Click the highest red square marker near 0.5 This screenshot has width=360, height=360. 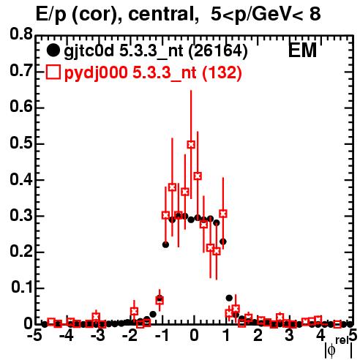coord(191,145)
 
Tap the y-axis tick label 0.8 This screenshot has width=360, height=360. coord(21,34)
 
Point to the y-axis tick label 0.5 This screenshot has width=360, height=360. coord(21,143)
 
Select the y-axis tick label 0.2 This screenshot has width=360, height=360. coord(21,252)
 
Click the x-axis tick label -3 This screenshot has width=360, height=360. coord(97,336)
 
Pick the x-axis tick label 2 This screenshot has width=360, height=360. coord(258,336)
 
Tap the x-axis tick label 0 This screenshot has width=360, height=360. coord(194,336)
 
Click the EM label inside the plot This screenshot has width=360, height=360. coord(302,50)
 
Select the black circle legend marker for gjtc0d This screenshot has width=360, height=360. coord(53,50)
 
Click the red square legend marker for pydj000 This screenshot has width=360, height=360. coord(53,72)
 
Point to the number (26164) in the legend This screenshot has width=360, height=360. coord(218,50)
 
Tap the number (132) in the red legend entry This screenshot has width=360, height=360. coord(222,72)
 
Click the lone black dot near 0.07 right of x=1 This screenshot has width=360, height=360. coord(229,298)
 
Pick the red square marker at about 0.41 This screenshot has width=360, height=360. coord(198,176)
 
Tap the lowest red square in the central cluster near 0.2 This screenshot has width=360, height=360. coord(217,251)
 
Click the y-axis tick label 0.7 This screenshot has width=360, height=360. coord(21,71)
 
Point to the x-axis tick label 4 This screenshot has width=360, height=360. coord(320,336)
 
